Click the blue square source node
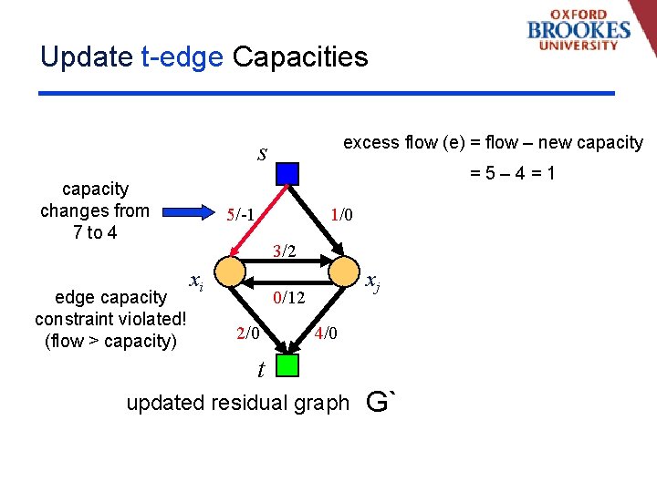(287, 173)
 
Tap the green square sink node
(287, 365)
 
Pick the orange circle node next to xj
(345, 271)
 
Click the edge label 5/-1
(242, 215)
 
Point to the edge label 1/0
(342, 215)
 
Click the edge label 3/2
(286, 251)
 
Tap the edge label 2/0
(248, 333)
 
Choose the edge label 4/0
(326, 333)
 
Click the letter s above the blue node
(262, 153)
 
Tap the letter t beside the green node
(261, 370)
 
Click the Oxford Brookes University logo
(579, 30)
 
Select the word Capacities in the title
(300, 57)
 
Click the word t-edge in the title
(182, 57)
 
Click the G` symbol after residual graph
(381, 400)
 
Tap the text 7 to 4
(95, 232)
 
